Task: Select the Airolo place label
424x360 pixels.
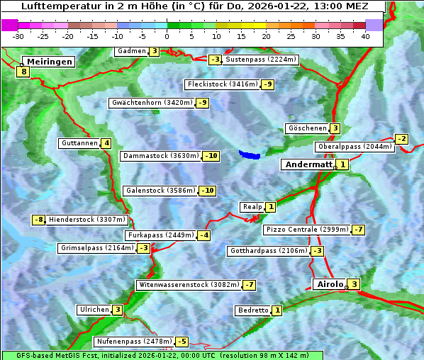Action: (x=329, y=284)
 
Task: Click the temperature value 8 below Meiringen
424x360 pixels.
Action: (x=23, y=72)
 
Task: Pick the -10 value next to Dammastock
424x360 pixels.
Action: (x=211, y=156)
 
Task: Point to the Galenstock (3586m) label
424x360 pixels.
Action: (x=160, y=191)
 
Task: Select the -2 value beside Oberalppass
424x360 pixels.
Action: (x=402, y=139)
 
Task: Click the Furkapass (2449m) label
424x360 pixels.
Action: (x=160, y=235)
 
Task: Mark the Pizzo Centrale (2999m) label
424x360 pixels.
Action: (x=307, y=230)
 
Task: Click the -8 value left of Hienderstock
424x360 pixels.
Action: (x=39, y=220)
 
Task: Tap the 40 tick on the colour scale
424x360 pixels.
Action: (x=365, y=36)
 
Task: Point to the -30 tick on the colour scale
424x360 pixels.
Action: (x=18, y=36)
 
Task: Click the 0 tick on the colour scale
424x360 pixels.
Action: (x=167, y=36)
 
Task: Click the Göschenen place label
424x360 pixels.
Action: (x=307, y=128)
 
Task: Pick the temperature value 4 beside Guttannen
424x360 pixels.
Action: (x=106, y=143)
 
